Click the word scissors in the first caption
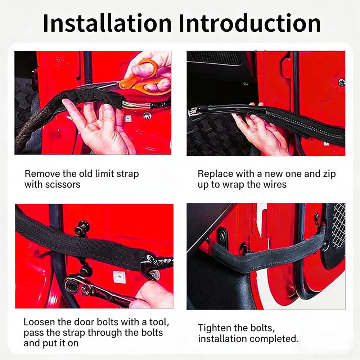(63, 185)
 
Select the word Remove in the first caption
(42, 174)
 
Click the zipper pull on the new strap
(193, 112)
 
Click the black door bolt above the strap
(82, 228)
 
